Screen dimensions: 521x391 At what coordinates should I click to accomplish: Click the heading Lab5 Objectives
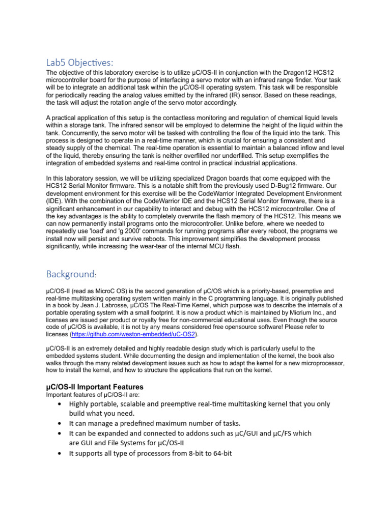click(x=79, y=63)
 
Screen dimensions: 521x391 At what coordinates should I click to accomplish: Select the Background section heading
click(x=70, y=274)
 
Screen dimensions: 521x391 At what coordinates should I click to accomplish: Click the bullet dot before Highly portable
click(x=61, y=404)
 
